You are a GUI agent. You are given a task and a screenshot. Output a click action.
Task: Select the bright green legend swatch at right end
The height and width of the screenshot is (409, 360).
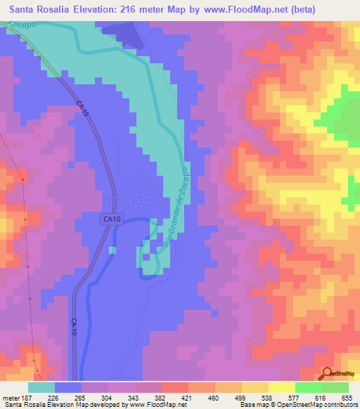pos(335,387)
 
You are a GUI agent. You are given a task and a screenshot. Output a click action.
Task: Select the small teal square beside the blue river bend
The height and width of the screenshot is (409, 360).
pos(112,249)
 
